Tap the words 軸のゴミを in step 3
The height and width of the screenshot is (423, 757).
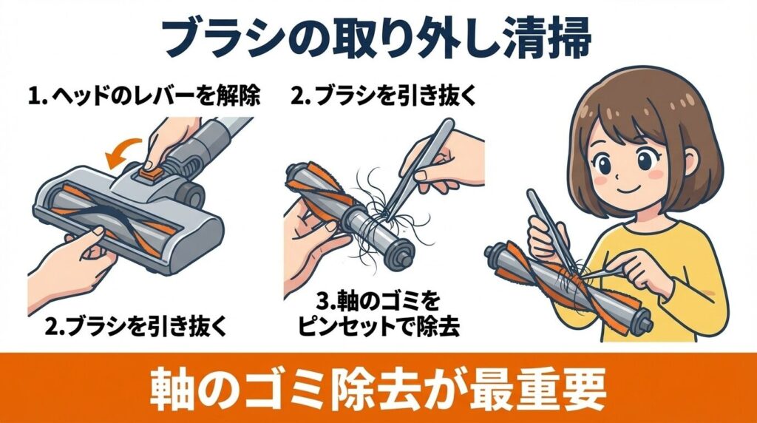click(378, 301)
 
